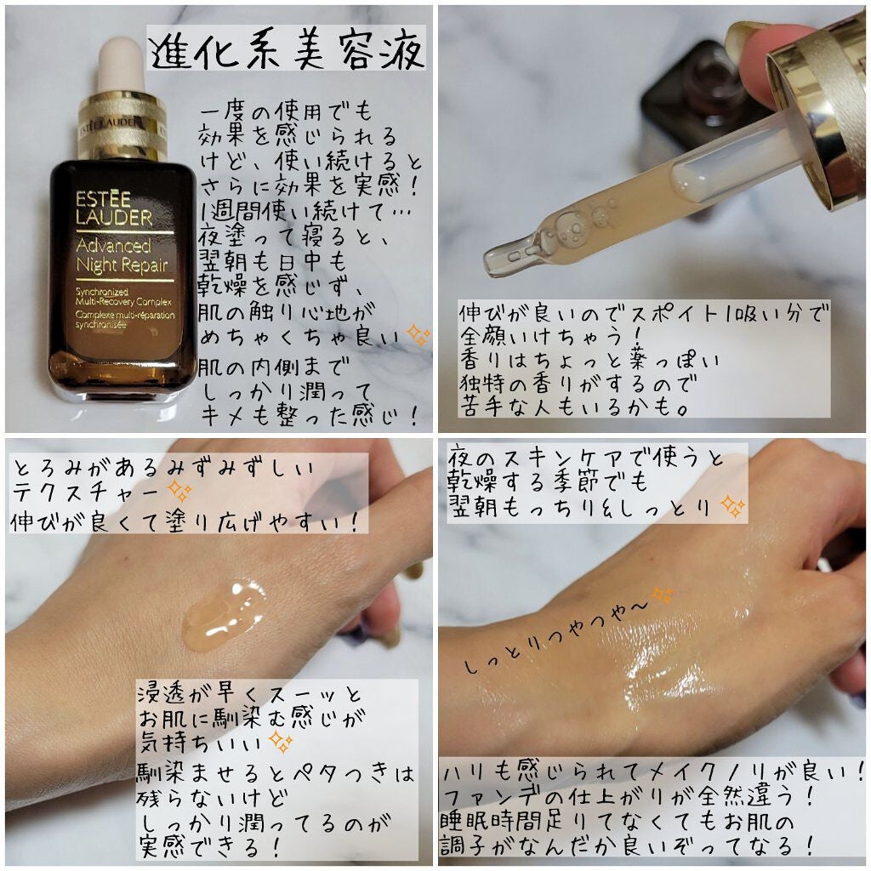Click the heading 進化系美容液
coord(287,53)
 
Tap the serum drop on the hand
coord(223,612)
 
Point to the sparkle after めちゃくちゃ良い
coord(418,337)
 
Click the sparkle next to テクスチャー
coord(179,491)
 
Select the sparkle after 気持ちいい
coord(281,742)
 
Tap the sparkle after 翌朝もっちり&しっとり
coord(732,508)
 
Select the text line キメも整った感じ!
coord(306,416)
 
